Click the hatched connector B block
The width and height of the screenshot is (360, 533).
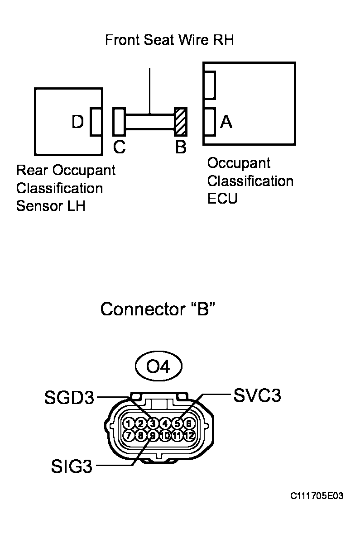[x=181, y=122]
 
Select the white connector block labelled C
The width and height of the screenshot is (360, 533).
[x=119, y=122]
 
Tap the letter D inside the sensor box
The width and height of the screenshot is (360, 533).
[x=77, y=122]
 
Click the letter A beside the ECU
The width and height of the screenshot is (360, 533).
[x=226, y=122]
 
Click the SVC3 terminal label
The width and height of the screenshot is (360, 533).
[x=257, y=395]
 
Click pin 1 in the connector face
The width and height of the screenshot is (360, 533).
[x=129, y=424]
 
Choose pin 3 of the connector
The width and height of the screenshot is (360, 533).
[x=153, y=424]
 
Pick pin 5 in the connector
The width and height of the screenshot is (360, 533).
[x=178, y=424]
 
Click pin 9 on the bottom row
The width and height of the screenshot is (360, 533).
[x=153, y=436]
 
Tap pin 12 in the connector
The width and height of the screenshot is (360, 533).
[x=190, y=436]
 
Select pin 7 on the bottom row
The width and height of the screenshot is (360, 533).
[x=129, y=436]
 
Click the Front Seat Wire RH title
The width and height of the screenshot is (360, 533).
[x=169, y=40]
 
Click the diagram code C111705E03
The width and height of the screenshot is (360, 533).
[x=317, y=496]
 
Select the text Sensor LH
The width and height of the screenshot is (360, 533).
[x=51, y=206]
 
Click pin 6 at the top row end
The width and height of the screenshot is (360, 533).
[x=190, y=424]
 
